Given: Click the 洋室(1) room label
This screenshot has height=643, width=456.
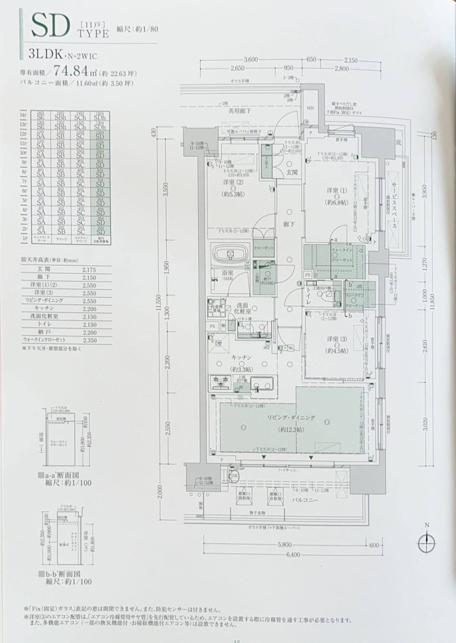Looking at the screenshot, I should pyautogui.click(x=337, y=191).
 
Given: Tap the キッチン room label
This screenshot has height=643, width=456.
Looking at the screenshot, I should pyautogui.click(x=241, y=358).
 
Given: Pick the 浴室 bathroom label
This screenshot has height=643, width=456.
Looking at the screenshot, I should pyautogui.click(x=228, y=273).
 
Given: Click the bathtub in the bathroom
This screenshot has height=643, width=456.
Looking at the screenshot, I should pyautogui.click(x=229, y=254).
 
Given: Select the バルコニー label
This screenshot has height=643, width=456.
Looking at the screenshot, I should pyautogui.click(x=305, y=500).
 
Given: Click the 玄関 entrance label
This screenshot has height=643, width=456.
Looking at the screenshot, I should pyautogui.click(x=291, y=172).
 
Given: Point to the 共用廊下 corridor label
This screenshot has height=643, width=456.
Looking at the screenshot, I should pyautogui.click(x=240, y=111).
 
